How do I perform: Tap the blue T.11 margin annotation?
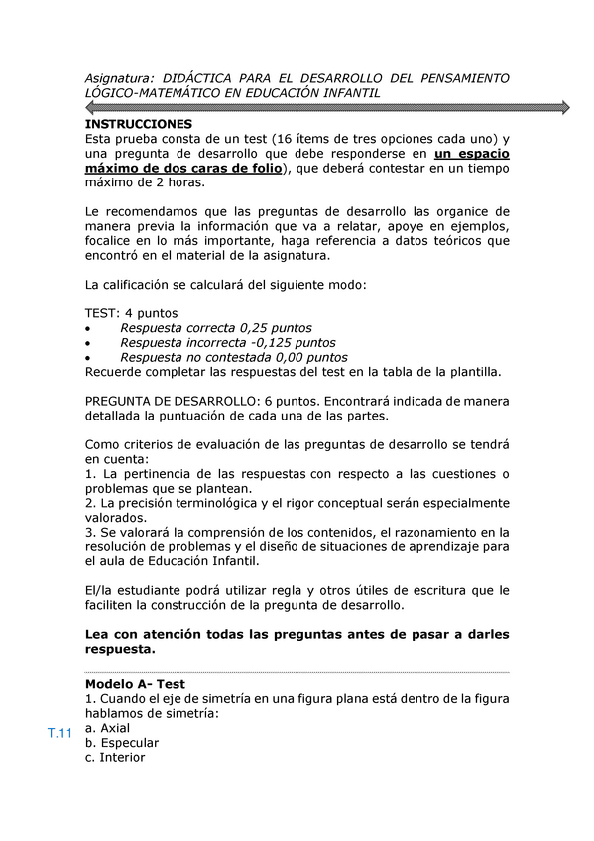(60, 734)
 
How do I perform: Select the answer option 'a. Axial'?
(108, 728)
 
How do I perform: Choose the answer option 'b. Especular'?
(122, 743)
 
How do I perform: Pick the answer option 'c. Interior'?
(115, 758)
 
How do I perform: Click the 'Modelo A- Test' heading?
(135, 684)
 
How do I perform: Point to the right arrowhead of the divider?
(564, 107)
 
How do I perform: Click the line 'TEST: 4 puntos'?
(132, 313)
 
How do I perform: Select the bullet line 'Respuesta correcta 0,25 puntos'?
(215, 328)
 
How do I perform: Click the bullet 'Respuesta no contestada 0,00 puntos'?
(233, 357)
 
